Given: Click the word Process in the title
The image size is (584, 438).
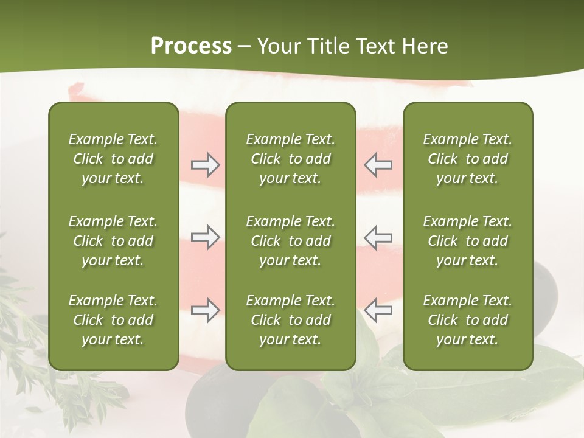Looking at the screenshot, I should (191, 46).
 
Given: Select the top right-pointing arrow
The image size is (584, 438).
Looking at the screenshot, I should (206, 165).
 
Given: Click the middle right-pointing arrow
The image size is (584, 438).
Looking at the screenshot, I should (206, 237).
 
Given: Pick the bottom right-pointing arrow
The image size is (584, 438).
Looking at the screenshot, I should (206, 310).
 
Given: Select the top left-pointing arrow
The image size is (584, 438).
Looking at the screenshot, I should (378, 165).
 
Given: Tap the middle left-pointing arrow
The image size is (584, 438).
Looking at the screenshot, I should (378, 237).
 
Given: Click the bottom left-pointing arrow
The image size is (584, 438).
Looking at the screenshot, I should (378, 310).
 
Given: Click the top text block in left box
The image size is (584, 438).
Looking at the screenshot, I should (113, 159).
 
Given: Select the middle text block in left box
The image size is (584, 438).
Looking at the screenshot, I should (113, 241).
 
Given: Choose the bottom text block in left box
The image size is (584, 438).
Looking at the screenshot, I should (113, 320).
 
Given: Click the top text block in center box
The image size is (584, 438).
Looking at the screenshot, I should (290, 159).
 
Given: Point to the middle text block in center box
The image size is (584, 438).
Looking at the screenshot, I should (290, 241).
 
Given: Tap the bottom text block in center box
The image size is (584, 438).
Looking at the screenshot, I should (290, 320).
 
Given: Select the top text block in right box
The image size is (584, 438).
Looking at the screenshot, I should (467, 159).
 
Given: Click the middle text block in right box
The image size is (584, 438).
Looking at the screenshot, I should (467, 241).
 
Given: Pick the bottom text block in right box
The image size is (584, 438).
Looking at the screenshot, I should (467, 320).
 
